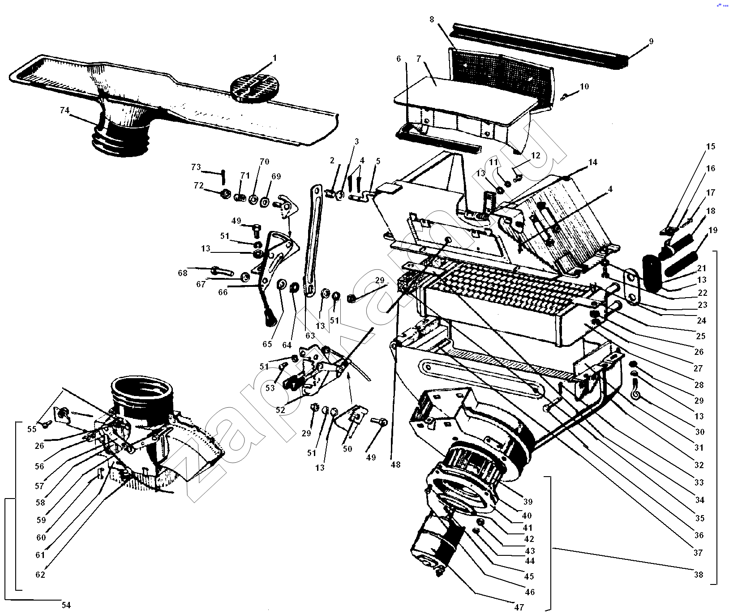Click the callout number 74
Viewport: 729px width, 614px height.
pyautogui.click(x=64, y=110)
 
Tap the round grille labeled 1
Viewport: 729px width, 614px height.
pyautogui.click(x=254, y=89)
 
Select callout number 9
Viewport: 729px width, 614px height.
pyautogui.click(x=651, y=41)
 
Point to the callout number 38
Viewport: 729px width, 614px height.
pyautogui.click(x=699, y=574)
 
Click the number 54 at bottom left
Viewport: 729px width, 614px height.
pyautogui.click(x=66, y=605)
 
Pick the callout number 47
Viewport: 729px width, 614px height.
pyautogui.click(x=519, y=607)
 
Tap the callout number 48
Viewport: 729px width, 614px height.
pyautogui.click(x=395, y=465)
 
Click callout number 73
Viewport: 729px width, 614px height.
pyautogui.click(x=196, y=167)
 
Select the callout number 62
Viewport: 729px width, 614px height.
pyautogui.click(x=40, y=574)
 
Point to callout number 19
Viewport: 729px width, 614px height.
pyautogui.click(x=713, y=230)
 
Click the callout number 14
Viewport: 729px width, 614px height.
pyautogui.click(x=593, y=162)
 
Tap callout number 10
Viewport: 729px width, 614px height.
pyautogui.click(x=584, y=86)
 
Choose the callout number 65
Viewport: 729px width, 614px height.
pyautogui.click(x=267, y=344)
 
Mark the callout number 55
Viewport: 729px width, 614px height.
pyautogui.click(x=31, y=429)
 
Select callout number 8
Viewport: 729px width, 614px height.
pyautogui.click(x=432, y=19)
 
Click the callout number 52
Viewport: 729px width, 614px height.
pyautogui.click(x=280, y=410)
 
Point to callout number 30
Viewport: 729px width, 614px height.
pyautogui.click(x=700, y=432)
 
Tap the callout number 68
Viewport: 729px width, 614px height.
pyautogui.click(x=182, y=273)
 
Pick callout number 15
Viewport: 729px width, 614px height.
pyautogui.click(x=711, y=146)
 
